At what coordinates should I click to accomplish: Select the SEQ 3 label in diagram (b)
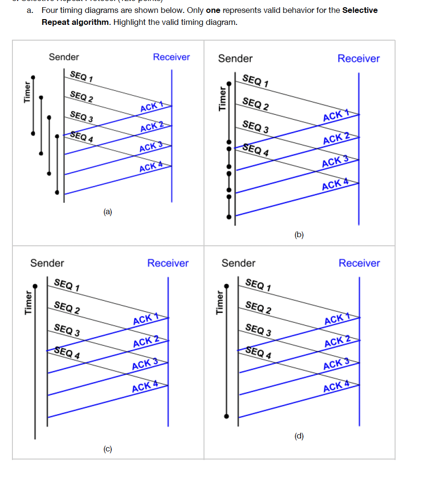tap(255, 127)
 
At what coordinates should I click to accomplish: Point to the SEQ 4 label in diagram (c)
tap(67, 352)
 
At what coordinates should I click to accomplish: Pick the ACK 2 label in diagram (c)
tap(146, 341)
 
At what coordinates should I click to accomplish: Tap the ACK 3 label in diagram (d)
tap(336, 364)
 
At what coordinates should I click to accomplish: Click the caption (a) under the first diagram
tap(107, 211)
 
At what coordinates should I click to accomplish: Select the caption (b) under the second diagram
tap(299, 234)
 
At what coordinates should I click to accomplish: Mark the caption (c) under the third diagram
tap(108, 449)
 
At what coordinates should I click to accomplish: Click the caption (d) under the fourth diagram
tap(299, 436)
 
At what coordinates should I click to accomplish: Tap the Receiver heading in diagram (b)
tap(358, 58)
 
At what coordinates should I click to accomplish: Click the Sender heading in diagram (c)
tap(47, 263)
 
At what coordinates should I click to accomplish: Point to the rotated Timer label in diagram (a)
tap(27, 92)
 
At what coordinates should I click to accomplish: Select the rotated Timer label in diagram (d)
tap(220, 302)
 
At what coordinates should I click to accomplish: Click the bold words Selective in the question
tap(360, 10)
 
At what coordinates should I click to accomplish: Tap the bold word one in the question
tap(213, 10)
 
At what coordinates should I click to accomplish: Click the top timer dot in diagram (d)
tap(227, 286)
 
